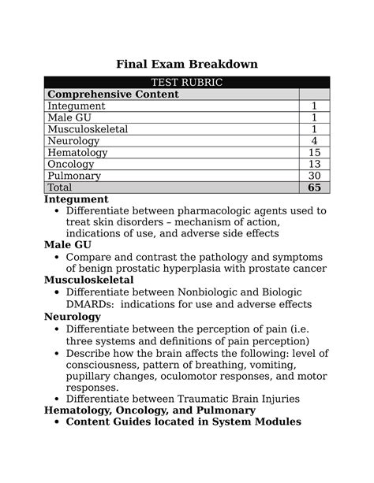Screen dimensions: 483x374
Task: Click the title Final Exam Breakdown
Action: click(187, 62)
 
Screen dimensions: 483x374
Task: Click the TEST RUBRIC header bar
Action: click(186, 83)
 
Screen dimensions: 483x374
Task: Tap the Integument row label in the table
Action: click(77, 106)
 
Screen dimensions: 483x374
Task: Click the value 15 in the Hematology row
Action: click(314, 152)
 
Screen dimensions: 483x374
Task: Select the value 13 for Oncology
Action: click(314, 164)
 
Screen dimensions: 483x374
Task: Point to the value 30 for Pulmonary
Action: click(314, 176)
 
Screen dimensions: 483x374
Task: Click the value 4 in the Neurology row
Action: click(314, 141)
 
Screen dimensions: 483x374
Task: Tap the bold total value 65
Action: click(314, 188)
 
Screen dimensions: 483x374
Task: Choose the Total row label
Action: click(60, 188)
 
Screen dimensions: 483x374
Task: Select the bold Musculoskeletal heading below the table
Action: click(88, 280)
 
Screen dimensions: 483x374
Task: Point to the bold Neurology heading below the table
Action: click(73, 316)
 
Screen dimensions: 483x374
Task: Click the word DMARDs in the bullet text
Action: click(92, 304)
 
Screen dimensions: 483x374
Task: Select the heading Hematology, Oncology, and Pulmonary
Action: click(150, 410)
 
